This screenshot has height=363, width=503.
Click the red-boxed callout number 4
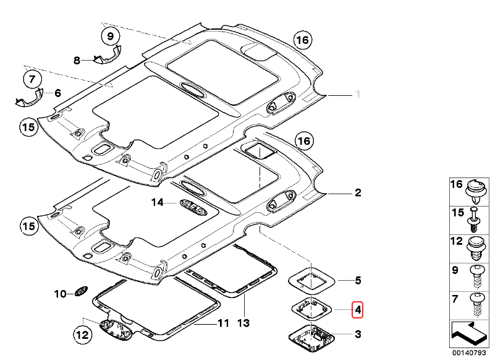[357, 309]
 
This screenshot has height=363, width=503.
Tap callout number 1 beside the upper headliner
[357, 95]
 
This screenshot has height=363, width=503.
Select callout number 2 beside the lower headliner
[357, 194]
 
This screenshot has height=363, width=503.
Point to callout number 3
[357, 335]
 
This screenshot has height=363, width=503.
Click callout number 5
[357, 281]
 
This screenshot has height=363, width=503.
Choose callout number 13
[244, 322]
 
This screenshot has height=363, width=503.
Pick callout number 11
[222, 323]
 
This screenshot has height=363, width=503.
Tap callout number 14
[158, 202]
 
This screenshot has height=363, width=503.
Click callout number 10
[60, 294]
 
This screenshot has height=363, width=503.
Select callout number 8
[77, 61]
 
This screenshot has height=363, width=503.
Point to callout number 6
[57, 93]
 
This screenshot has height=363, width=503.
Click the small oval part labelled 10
[81, 292]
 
